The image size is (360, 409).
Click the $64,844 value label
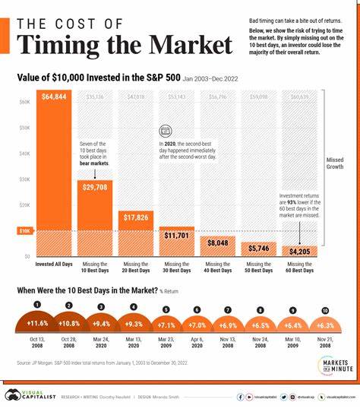[54, 97]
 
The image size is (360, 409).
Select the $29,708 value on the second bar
[95, 186]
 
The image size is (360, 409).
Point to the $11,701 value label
[176, 235]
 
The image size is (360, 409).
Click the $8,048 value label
[217, 243]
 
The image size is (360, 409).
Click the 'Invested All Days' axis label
[54, 265]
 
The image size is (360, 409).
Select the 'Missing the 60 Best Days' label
[298, 268]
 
